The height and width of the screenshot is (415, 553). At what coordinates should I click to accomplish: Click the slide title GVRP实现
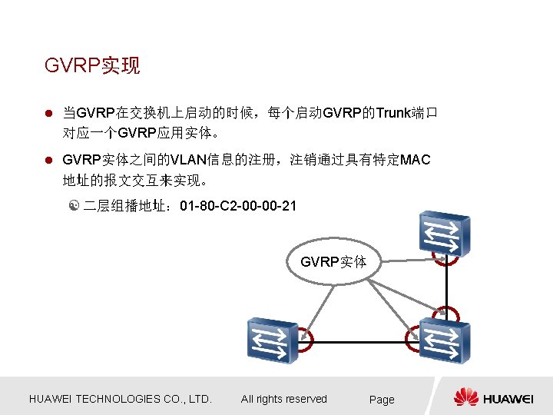[92, 65]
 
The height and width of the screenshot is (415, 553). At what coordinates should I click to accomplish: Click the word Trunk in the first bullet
[393, 114]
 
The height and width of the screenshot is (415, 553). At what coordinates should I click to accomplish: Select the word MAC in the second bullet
[416, 160]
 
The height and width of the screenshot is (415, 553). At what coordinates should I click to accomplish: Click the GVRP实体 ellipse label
[333, 262]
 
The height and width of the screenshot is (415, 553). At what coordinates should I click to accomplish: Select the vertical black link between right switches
[444, 284]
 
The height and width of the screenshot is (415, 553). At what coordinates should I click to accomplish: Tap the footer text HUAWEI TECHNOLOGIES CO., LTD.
[120, 399]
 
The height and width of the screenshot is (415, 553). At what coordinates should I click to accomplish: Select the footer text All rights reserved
[284, 399]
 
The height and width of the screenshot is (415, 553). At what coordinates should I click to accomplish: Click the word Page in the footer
[382, 400]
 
